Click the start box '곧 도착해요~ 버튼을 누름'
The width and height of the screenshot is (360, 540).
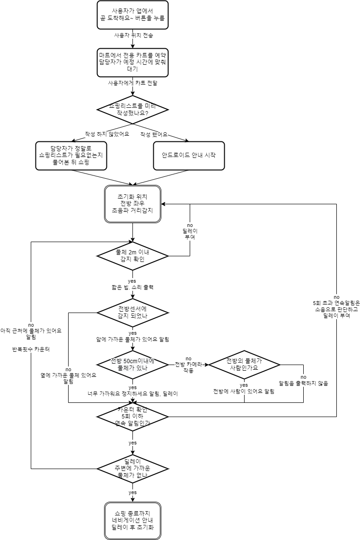pyautogui.click(x=132, y=14)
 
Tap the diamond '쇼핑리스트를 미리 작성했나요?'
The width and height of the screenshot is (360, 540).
pyautogui.click(x=132, y=110)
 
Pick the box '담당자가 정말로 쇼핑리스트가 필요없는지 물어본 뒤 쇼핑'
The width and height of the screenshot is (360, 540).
pyautogui.click(x=71, y=155)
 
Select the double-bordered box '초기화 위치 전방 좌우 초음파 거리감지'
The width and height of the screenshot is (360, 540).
pyautogui.click(x=132, y=203)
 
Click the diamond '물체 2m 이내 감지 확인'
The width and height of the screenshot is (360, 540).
pyautogui.click(x=132, y=256)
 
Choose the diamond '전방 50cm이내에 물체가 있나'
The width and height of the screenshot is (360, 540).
pyautogui.click(x=132, y=365)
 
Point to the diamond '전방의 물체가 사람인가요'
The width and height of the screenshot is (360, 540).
pyautogui.click(x=244, y=365)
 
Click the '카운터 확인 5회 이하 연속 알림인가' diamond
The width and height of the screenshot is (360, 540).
pyautogui.click(x=132, y=417)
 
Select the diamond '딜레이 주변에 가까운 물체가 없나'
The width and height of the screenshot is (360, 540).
pyautogui.click(x=132, y=469)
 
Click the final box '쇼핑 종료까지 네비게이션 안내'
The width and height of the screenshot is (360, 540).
pyautogui.click(x=132, y=521)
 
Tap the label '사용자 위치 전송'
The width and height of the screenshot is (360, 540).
pyautogui.click(x=133, y=35)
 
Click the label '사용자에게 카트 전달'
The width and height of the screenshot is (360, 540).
pyautogui.click(x=132, y=83)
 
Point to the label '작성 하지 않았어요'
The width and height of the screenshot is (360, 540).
pyautogui.click(x=107, y=134)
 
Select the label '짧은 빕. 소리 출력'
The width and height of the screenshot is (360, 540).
pyautogui.click(x=133, y=287)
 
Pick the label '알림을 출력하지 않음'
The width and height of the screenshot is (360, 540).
pyautogui.click(x=303, y=383)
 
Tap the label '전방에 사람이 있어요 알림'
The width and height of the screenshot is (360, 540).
pyautogui.click(x=244, y=392)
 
